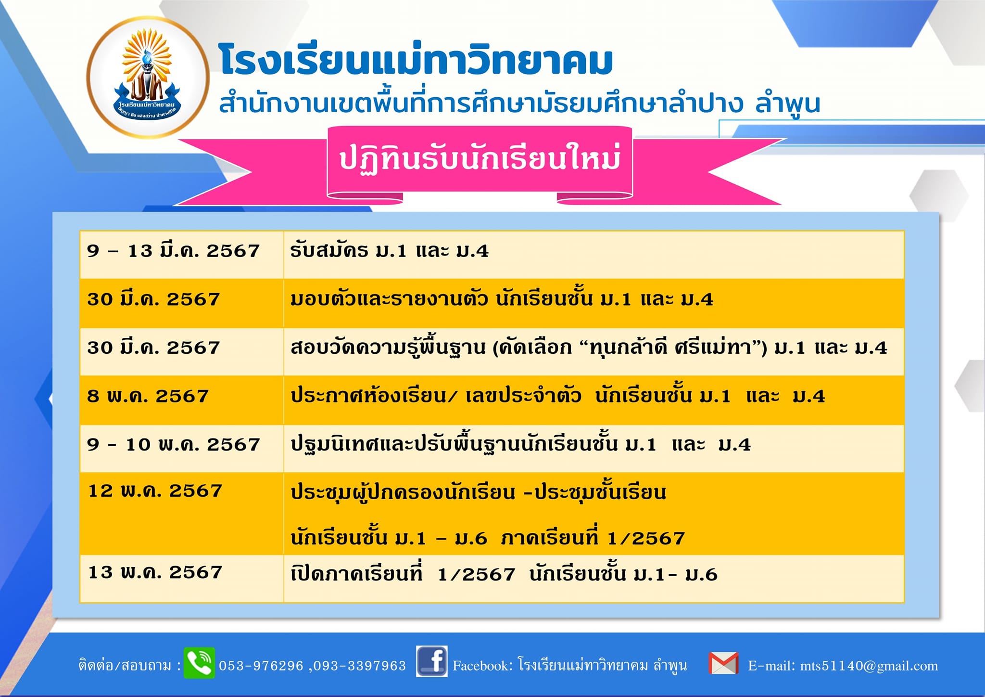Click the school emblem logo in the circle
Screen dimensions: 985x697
pyautogui.click(x=148, y=77)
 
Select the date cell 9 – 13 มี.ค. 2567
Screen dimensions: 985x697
pyautogui.click(x=173, y=250)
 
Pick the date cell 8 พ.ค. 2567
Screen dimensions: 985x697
pyautogui.click(x=148, y=396)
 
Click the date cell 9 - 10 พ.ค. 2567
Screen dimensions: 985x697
pyautogui.click(x=173, y=444)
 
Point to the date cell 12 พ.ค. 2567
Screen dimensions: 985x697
pyautogui.click(x=155, y=490)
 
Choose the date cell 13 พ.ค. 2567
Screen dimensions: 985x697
pyautogui.click(x=155, y=572)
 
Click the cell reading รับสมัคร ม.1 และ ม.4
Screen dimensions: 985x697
pyautogui.click(x=389, y=250)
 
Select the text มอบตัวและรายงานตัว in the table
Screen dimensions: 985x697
pyautogui.click(x=389, y=299)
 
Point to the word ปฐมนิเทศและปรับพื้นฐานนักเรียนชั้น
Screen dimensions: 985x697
pyautogui.click(x=454, y=443)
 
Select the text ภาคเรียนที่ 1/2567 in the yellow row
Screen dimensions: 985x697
pyautogui.click(x=593, y=537)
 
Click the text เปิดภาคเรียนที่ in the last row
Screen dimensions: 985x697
pyautogui.click(x=356, y=573)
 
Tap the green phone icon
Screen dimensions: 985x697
pyautogui.click(x=199, y=663)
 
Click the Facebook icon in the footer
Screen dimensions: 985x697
pyautogui.click(x=432, y=661)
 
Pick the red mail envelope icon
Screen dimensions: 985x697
pyautogui.click(x=724, y=663)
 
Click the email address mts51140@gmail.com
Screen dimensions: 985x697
pyautogui.click(x=869, y=666)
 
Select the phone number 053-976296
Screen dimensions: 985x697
pyautogui.click(x=261, y=666)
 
